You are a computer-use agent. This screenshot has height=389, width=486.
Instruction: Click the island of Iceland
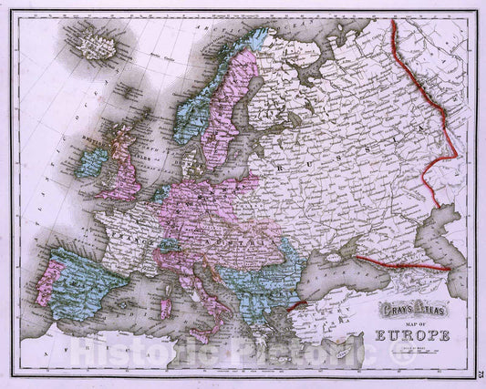point(95,44)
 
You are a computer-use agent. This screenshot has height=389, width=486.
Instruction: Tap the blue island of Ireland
point(92,163)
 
